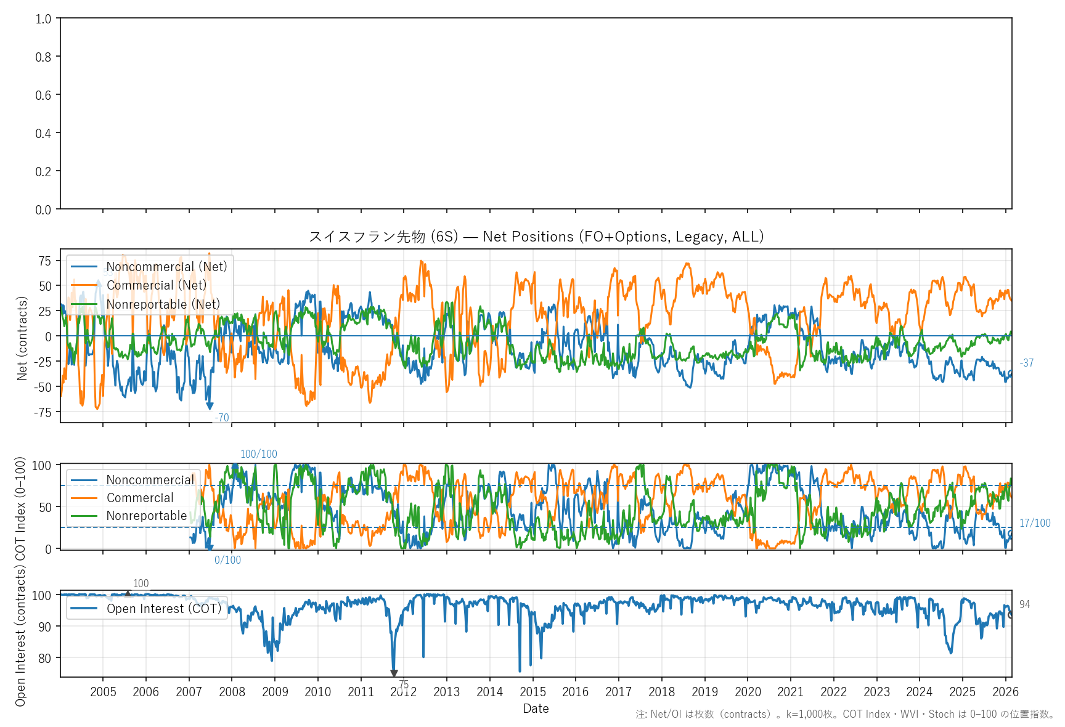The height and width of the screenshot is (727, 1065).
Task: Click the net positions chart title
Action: pos(536,237)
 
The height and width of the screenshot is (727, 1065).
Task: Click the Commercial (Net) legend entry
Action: pos(156,285)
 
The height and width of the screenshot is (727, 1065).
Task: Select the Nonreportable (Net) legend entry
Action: pos(163,304)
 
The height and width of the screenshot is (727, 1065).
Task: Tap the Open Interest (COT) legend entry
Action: pos(163,609)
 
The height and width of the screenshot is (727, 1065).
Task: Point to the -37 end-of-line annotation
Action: pos(1026,363)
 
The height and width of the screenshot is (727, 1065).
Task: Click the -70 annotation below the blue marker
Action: pos(221,418)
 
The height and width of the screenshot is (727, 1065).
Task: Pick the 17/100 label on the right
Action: pos(1034,523)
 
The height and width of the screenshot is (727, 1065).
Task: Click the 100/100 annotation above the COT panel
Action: pos(258,454)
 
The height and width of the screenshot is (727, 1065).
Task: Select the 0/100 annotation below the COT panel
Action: pos(227,560)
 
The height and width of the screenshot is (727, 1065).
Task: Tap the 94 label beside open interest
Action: pos(1024,604)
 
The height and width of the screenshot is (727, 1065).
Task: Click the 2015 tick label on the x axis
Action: pos(532,692)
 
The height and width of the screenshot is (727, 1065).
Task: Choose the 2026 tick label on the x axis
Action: pos(1005,692)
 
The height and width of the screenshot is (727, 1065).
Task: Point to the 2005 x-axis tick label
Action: pos(103,692)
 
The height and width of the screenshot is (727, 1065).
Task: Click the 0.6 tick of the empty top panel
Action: pos(43,95)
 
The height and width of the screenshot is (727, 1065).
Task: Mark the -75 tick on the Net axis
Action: pos(43,412)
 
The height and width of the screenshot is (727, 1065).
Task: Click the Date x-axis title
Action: pos(536,709)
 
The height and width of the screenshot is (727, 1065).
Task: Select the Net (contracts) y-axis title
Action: pos(22,338)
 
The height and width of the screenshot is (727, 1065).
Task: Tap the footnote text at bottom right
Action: pos(845,714)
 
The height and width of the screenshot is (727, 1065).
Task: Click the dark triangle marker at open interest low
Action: pos(394,673)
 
